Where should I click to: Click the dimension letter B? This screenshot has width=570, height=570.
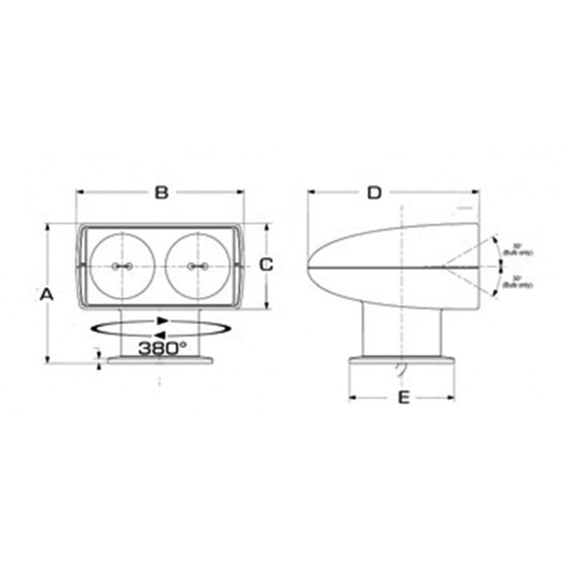[x=162, y=192]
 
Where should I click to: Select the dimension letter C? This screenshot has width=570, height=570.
[x=266, y=265]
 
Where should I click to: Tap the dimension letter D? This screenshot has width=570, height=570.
[x=375, y=192]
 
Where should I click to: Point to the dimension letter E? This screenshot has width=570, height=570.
[x=403, y=398]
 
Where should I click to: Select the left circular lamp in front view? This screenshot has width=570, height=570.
[x=122, y=266]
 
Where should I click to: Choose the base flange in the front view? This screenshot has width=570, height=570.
[x=160, y=361]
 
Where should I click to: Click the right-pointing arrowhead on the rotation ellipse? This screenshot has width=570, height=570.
[x=163, y=321]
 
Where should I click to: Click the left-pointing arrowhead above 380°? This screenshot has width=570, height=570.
[x=161, y=335]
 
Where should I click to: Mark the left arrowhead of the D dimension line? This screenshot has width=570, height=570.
[x=311, y=192]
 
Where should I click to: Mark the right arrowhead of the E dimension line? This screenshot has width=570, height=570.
[x=451, y=398]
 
